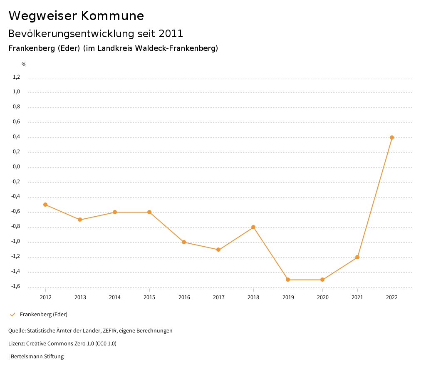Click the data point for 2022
[x=392, y=137]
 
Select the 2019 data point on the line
[x=288, y=280]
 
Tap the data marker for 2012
[x=45, y=205]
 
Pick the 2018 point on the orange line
[x=253, y=227]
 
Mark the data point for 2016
[x=184, y=242]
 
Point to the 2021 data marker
[x=357, y=257]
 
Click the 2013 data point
[x=80, y=220]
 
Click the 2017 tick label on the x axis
[x=218, y=297]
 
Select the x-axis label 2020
[x=322, y=297]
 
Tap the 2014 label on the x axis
[x=114, y=297]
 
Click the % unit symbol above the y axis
[x=24, y=65]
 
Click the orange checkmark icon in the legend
[x=12, y=315]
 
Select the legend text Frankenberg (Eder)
[x=43, y=315]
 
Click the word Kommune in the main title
[x=112, y=16]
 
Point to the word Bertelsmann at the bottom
[x=27, y=357]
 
